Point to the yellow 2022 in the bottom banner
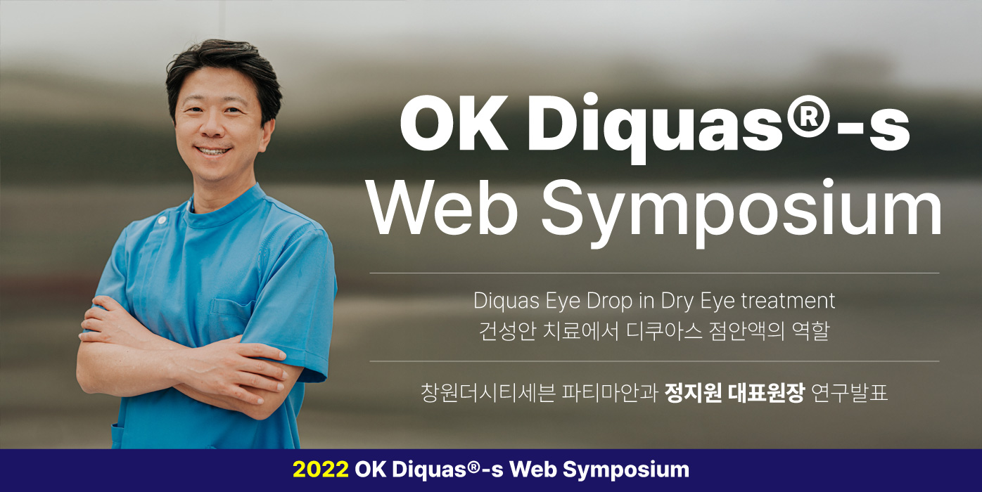[321, 470]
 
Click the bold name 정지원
[691, 391]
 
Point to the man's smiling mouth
[214, 150]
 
